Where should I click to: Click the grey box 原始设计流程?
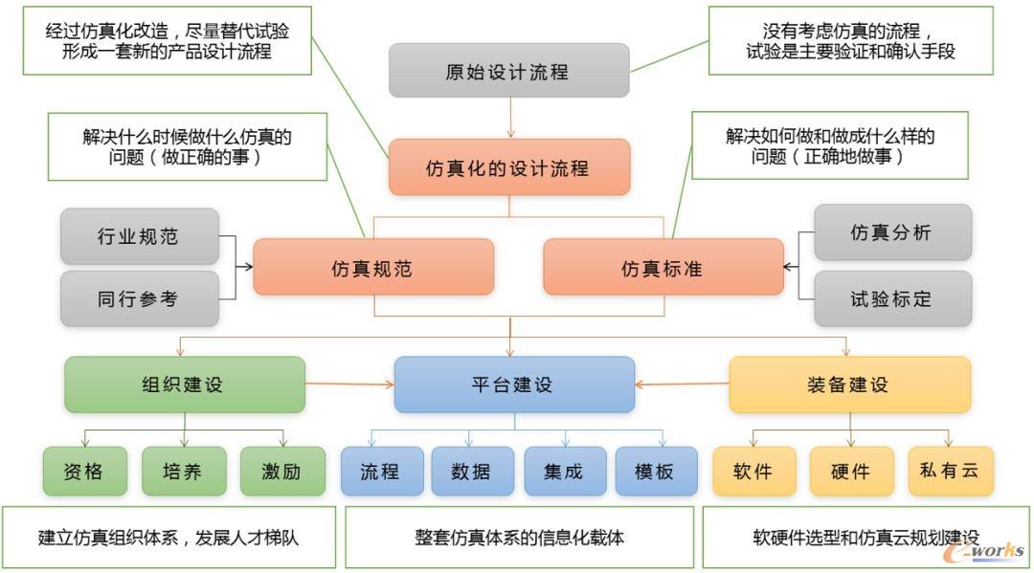pyautogui.click(x=508, y=71)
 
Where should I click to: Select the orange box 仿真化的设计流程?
pyautogui.click(x=508, y=167)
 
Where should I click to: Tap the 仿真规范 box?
pyautogui.click(x=372, y=267)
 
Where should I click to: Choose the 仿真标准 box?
pyautogui.click(x=663, y=267)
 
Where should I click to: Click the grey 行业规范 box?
pyautogui.click(x=139, y=236)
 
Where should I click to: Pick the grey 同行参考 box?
pyautogui.click(x=139, y=298)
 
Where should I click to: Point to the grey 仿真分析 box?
pyautogui.click(x=892, y=232)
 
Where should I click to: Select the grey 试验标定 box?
pyautogui.click(x=892, y=298)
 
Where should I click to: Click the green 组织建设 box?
pyautogui.click(x=184, y=385)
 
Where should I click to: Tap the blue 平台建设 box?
pyautogui.click(x=514, y=385)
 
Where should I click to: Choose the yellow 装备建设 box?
pyautogui.click(x=849, y=385)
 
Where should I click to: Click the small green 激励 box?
pyautogui.click(x=281, y=471)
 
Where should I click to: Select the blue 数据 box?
pyautogui.click(x=472, y=471)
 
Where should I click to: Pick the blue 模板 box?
pyautogui.click(x=656, y=471)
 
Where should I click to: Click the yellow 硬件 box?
pyautogui.click(x=851, y=471)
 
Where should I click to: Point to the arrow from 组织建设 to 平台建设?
pyautogui.click(x=349, y=385)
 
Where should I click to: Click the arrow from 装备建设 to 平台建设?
pyautogui.click(x=682, y=385)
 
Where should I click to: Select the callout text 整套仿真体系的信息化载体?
pyautogui.click(x=519, y=538)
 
